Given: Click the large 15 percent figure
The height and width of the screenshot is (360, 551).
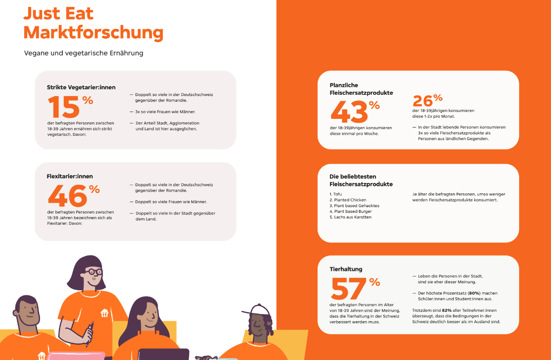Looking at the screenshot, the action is [70, 106].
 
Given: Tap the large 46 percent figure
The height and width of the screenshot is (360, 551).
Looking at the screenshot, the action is [74, 196].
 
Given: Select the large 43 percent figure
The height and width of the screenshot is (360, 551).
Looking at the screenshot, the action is [355, 112].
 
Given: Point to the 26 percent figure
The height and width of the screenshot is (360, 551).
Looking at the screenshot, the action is [427, 100].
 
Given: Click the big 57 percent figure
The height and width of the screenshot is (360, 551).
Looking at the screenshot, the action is [356, 288].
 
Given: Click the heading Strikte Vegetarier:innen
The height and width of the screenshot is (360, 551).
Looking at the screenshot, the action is [81, 87].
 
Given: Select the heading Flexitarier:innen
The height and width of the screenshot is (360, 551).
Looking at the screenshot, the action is [70, 176].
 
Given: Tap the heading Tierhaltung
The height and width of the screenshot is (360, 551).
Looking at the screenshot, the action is [346, 269].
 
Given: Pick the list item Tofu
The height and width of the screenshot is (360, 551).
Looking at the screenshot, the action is [336, 194].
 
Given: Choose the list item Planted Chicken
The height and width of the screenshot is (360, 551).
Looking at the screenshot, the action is [348, 200].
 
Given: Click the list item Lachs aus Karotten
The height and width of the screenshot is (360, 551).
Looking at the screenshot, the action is [351, 217].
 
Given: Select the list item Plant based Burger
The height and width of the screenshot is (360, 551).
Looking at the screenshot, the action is [351, 211].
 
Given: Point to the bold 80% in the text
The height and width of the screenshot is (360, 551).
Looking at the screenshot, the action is [474, 293].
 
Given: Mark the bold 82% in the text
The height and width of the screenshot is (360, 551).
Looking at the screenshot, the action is [447, 310].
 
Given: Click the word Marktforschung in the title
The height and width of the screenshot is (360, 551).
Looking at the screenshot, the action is [93, 32].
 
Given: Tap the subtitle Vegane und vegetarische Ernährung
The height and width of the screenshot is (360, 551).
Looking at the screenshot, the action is [84, 53].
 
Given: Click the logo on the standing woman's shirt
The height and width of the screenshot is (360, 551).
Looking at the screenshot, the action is [105, 313].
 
